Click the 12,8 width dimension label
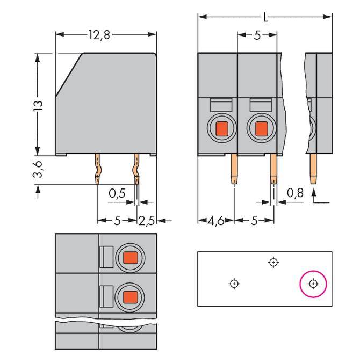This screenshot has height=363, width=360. (100, 35)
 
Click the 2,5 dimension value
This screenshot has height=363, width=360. (147, 220)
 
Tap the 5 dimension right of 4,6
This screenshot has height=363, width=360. (254, 221)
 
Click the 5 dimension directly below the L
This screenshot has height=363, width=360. (257, 35)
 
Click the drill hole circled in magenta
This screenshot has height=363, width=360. (313, 283)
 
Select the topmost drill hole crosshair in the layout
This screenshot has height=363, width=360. (273, 262)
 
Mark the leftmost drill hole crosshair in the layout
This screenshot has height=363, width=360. (234, 283)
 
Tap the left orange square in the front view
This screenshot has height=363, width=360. (221, 128)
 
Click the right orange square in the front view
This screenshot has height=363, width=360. (261, 128)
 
